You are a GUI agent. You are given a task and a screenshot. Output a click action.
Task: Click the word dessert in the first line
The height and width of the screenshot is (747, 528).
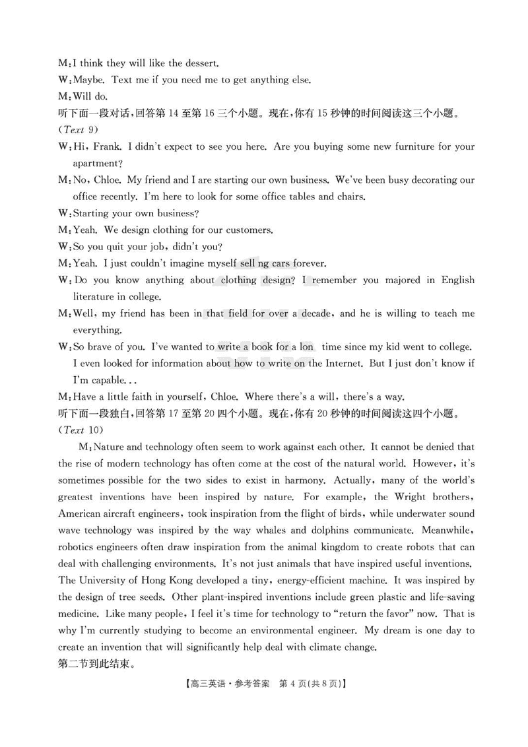pos(199,63)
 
